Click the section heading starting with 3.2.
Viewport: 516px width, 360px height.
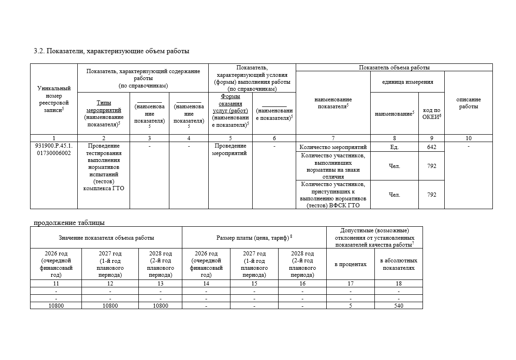tap(112, 51)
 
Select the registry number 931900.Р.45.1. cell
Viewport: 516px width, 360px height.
tap(54, 149)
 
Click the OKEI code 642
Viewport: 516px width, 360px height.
tap(431, 147)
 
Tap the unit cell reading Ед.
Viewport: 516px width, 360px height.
tap(394, 147)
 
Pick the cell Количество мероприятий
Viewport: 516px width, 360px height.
tap(333, 147)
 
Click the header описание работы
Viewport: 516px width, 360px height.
tap(468, 103)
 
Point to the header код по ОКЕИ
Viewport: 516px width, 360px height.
tap(431, 113)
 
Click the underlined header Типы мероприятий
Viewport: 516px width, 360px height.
tap(104, 106)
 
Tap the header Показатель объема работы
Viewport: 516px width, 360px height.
tap(394, 68)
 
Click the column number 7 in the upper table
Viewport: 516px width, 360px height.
tap(333, 138)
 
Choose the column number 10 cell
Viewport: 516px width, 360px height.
tap(468, 138)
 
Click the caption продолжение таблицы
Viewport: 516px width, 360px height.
tap(69, 223)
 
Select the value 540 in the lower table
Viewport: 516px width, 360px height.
tap(398, 305)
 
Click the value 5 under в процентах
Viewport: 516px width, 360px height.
tap(350, 305)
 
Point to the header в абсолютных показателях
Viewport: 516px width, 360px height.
tap(398, 264)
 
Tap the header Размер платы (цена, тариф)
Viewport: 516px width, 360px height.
tap(254, 238)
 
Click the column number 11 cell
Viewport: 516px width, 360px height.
tap(56, 284)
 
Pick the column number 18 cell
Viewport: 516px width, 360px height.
tap(398, 284)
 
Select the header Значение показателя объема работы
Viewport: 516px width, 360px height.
tap(106, 238)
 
